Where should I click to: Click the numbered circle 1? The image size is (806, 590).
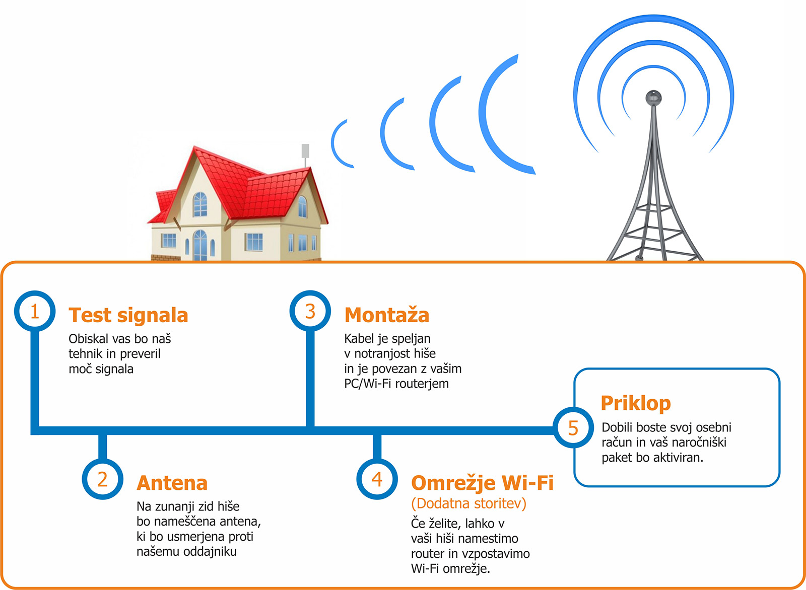pyautogui.click(x=35, y=311)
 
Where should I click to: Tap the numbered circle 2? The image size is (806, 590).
pyautogui.click(x=103, y=479)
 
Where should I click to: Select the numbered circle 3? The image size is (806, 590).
pyautogui.click(x=310, y=311)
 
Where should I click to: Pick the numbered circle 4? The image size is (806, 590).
pyautogui.click(x=377, y=479)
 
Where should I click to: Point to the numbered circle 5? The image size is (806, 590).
pyautogui.click(x=573, y=427)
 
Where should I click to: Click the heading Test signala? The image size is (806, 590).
pyautogui.click(x=128, y=315)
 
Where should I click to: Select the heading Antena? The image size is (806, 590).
pyautogui.click(x=172, y=483)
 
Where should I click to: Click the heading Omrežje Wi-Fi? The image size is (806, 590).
pyautogui.click(x=482, y=483)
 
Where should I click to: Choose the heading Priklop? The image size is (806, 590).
pyautogui.click(x=636, y=403)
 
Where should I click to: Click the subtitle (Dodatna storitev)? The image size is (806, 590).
pyautogui.click(x=468, y=503)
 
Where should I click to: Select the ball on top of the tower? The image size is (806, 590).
pyautogui.click(x=653, y=98)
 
